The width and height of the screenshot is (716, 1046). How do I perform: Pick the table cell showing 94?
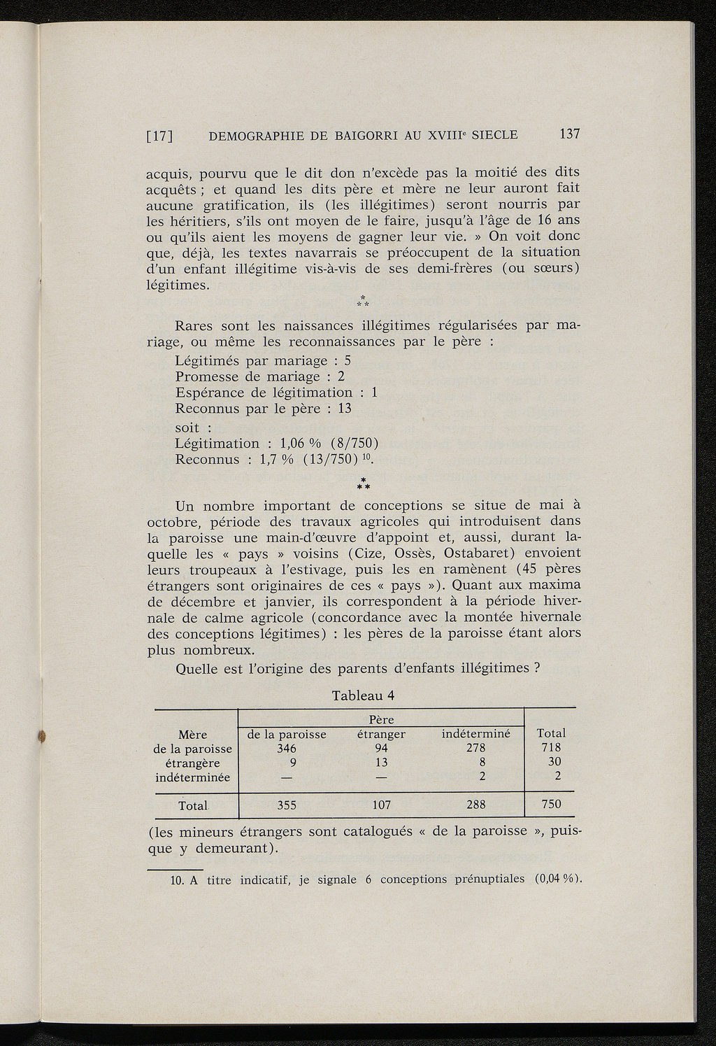coord(381,748)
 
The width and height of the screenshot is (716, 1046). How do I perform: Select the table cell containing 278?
coord(475,748)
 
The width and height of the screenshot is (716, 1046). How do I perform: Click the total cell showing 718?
coord(551,748)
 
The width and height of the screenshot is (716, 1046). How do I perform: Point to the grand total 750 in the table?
coord(551,805)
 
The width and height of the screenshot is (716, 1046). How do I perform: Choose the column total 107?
coord(381,805)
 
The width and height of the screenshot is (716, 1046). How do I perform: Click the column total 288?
coord(475,805)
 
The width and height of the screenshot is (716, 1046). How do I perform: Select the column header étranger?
coord(381,735)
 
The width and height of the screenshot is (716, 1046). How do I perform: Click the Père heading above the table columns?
coord(381,719)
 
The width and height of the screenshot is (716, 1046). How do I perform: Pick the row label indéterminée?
coord(192,777)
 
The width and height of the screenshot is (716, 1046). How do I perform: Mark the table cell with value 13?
coord(381,763)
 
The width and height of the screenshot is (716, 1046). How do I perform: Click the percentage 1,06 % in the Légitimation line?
coord(300,444)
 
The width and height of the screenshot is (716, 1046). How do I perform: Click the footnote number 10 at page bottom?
coord(176,879)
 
